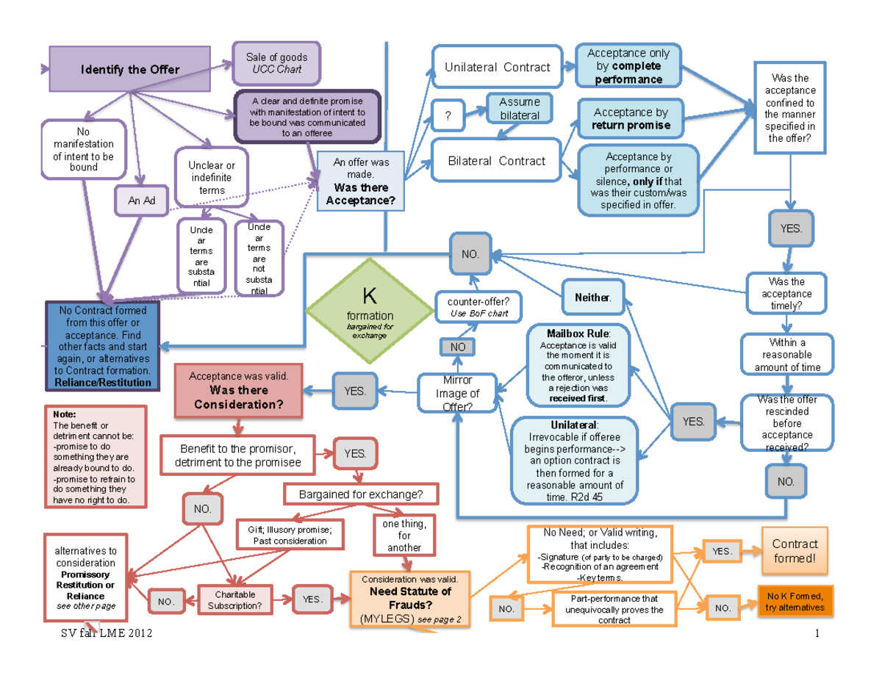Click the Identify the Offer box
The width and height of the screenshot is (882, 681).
click(x=130, y=70)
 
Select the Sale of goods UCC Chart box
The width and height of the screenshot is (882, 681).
click(x=276, y=63)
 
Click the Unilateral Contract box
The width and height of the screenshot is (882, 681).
click(x=497, y=68)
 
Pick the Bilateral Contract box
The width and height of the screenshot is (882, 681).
click(x=497, y=161)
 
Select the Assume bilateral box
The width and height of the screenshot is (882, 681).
click(x=519, y=109)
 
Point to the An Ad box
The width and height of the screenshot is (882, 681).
click(x=141, y=201)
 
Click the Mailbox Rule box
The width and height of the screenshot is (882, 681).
click(x=578, y=364)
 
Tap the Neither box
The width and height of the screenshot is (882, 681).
click(x=592, y=298)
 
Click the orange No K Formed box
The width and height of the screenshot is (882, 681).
click(x=795, y=601)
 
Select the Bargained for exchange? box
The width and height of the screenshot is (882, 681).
click(x=360, y=494)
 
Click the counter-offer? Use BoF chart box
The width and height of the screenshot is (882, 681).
click(x=478, y=307)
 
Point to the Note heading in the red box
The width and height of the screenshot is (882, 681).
click(x=56, y=414)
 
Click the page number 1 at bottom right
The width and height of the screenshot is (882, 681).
click(x=816, y=633)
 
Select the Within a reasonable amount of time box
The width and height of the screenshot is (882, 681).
click(x=787, y=355)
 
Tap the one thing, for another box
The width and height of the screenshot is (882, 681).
click(x=404, y=536)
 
